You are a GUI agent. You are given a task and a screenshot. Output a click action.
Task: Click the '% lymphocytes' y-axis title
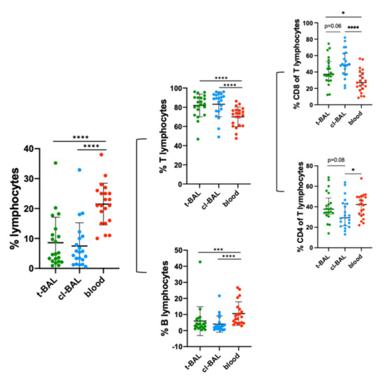10,208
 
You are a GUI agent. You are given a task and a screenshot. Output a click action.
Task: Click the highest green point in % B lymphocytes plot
199,262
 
